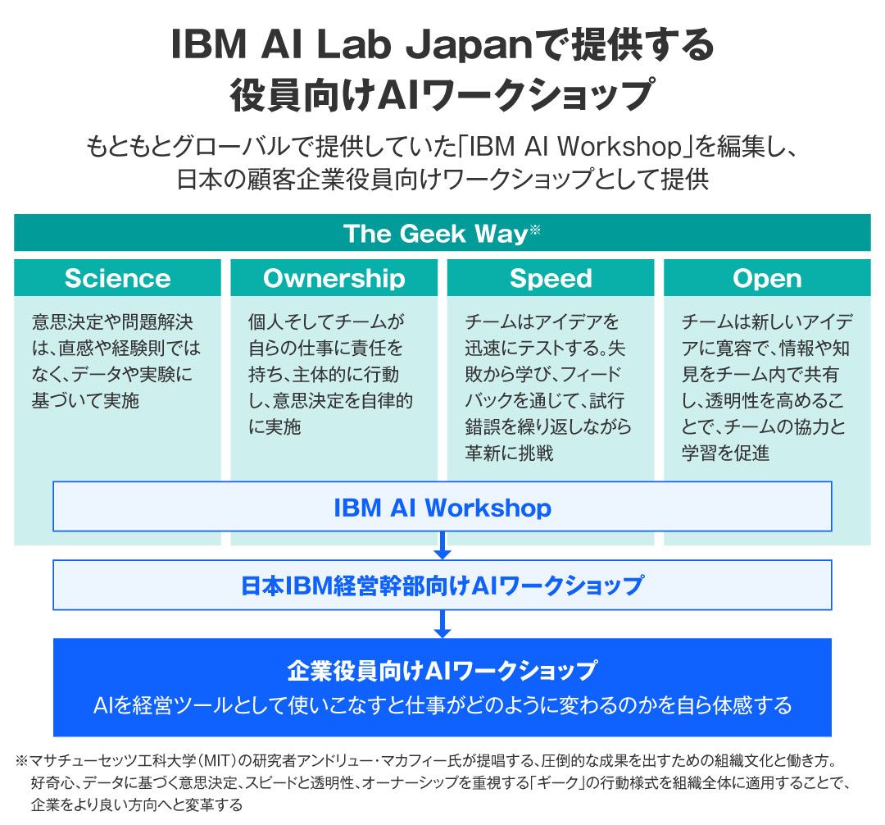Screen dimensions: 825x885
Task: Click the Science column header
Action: pyautogui.click(x=117, y=279)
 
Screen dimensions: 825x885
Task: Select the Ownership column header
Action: pyautogui.click(x=334, y=279)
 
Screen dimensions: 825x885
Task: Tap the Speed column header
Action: pyautogui.click(x=551, y=279)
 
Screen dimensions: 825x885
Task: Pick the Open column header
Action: pyautogui.click(x=767, y=279)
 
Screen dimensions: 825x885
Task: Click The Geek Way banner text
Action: pyautogui.click(x=434, y=234)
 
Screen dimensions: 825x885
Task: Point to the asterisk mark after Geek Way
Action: pyautogui.click(x=534, y=230)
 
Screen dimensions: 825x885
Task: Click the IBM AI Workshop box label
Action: pyautogui.click(x=442, y=508)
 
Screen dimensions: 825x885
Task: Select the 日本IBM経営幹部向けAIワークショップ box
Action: pyautogui.click(x=442, y=586)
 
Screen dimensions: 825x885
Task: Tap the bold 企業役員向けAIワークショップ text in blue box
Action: pyautogui.click(x=442, y=671)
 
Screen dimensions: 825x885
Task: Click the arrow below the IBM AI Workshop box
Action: pyautogui.click(x=442, y=545)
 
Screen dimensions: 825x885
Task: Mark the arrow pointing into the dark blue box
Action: pyautogui.click(x=442, y=623)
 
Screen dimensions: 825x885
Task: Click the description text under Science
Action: pyautogui.click(x=116, y=361)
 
